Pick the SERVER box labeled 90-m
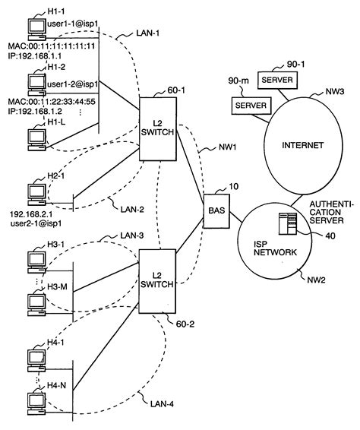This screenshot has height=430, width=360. pos(249,104)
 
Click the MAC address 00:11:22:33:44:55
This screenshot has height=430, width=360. pos(58,100)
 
